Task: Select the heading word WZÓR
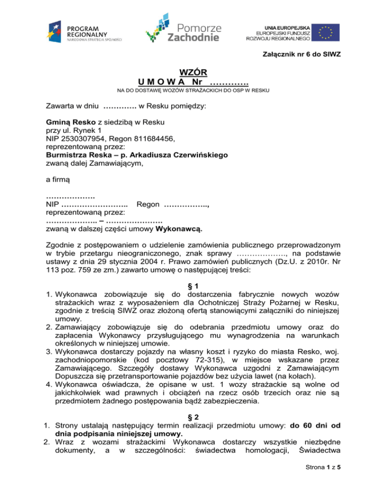193,73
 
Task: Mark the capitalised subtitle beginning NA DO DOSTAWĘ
193,91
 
